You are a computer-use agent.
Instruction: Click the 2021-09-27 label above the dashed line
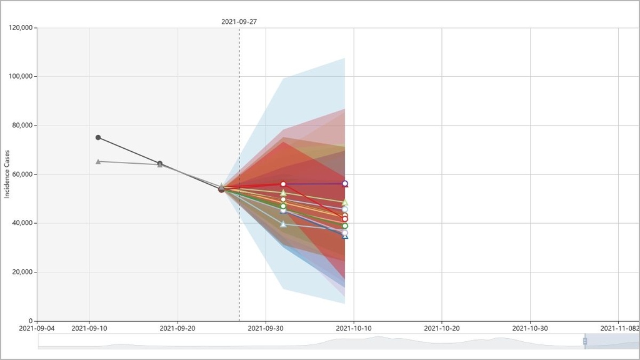coord(239,21)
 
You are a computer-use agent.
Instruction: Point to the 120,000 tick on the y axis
coord(22,27)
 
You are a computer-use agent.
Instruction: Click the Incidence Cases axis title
coord(7,174)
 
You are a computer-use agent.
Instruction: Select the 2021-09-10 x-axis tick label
coord(89,327)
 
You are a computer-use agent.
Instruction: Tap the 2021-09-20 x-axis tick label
coord(177,327)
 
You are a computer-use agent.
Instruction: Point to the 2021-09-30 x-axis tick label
coord(266,327)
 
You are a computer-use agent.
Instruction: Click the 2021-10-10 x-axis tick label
coord(354,327)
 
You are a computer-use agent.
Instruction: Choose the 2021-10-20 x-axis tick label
coord(442,327)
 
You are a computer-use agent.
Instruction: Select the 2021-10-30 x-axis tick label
coord(530,327)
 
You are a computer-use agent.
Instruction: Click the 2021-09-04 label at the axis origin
coord(37,327)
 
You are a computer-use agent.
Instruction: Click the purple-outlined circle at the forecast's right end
coord(345,184)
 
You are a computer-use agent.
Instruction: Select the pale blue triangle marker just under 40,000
coord(283,224)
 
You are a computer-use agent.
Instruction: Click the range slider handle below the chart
coord(585,341)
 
